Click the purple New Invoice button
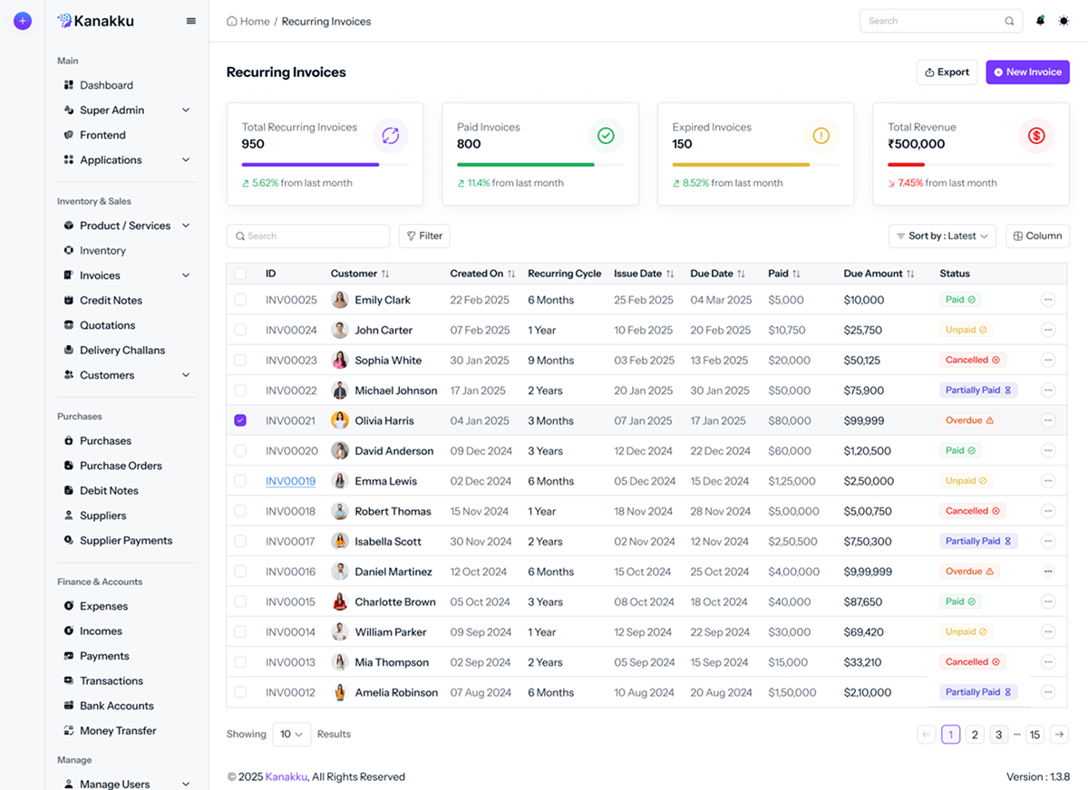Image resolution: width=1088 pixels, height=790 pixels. (1027, 72)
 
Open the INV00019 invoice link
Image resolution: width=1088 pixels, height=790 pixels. (290, 481)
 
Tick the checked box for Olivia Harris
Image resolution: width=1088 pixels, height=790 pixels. (240, 420)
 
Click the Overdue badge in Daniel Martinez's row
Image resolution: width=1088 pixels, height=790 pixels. (969, 572)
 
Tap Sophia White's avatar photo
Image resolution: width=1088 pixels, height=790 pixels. (340, 361)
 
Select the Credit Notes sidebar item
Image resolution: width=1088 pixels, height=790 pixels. (111, 300)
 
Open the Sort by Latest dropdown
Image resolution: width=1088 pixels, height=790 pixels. (942, 236)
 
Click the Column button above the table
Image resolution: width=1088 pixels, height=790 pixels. (1037, 236)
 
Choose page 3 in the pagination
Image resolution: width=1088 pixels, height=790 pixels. (998, 735)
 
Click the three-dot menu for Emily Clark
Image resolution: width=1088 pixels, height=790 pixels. (1048, 300)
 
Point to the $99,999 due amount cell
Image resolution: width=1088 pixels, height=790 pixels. (863, 420)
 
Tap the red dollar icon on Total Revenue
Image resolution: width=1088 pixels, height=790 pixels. (1036, 136)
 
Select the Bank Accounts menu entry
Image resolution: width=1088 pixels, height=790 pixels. (116, 706)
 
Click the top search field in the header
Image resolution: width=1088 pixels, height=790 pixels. (934, 21)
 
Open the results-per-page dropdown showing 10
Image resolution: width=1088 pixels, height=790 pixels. (291, 734)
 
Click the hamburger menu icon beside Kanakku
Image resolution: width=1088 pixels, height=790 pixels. (191, 21)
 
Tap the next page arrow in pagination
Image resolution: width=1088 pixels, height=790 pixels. (1058, 735)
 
